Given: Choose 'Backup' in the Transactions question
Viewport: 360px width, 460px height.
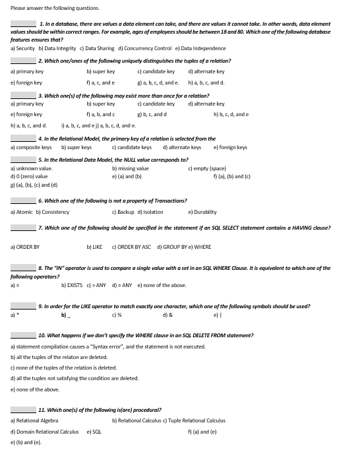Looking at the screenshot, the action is (x=123, y=212).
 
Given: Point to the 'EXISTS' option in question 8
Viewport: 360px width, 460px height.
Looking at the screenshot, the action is (x=75, y=285).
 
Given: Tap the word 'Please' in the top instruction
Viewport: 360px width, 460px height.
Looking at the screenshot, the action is (x=17, y=9).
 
